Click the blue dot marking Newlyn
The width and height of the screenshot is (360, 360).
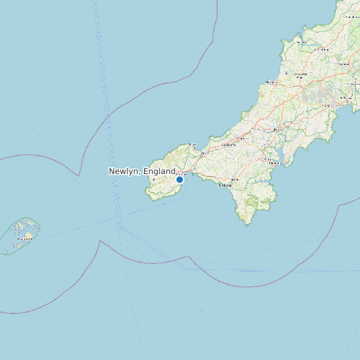[x=179, y=179]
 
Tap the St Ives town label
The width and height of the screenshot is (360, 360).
[x=193, y=144]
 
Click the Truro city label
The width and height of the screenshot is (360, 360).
[x=278, y=128]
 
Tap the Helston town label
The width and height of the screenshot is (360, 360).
[x=234, y=180]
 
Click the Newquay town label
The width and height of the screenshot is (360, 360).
[x=272, y=82]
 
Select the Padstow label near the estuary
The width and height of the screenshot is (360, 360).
[x=302, y=42]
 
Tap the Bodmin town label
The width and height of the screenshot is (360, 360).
[x=344, y=64]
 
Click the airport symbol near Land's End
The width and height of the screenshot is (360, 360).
[x=154, y=180]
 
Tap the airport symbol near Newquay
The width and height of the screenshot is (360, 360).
[x=286, y=73]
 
